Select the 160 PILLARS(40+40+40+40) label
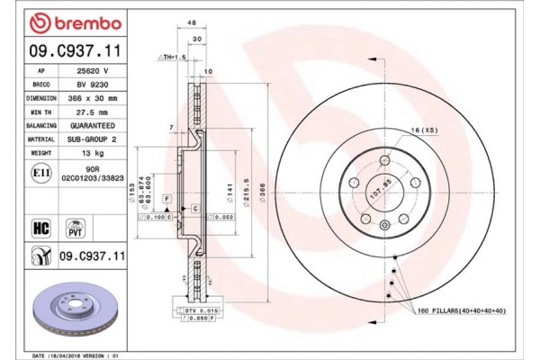[x=461, y=310]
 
